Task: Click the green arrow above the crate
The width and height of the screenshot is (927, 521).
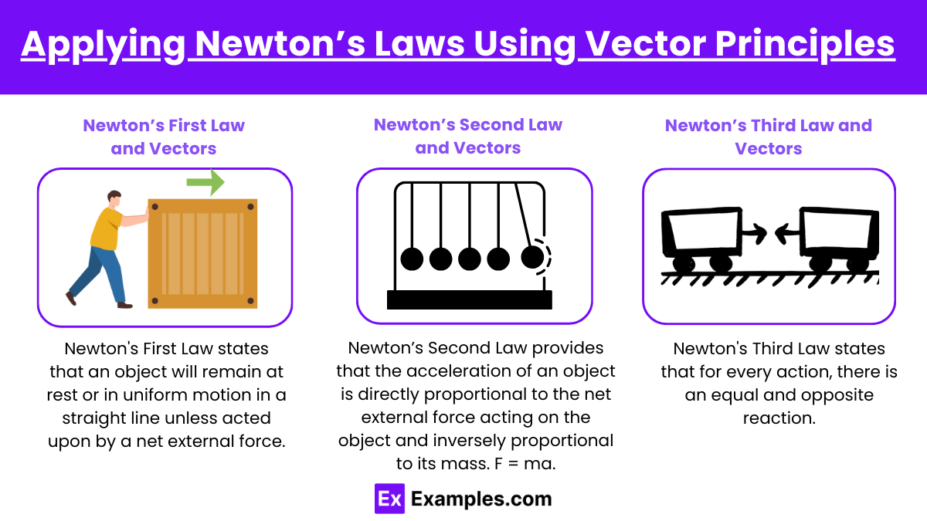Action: pos(205,182)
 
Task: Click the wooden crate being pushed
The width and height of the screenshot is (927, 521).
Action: pos(202,253)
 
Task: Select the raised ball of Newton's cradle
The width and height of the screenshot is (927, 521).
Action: pos(532,257)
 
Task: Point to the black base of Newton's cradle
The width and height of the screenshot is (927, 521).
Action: pos(470,299)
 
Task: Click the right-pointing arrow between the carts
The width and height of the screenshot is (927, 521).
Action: pos(754,234)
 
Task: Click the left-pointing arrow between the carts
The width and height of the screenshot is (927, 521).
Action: pos(787,234)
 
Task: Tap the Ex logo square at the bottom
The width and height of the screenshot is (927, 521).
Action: pos(389,499)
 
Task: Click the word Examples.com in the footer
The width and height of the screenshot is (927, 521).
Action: pos(481,499)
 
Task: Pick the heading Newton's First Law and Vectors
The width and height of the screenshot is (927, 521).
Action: pos(164,137)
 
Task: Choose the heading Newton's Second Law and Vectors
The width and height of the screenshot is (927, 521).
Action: pos(468,136)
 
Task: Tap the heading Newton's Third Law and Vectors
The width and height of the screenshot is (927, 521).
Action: pos(769,137)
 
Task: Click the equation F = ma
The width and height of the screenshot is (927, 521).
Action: pos(525,464)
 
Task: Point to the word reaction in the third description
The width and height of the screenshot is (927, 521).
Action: pos(779,418)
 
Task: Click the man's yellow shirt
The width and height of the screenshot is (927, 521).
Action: pos(107,228)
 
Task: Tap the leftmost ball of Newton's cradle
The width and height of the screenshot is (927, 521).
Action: pos(412,259)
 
